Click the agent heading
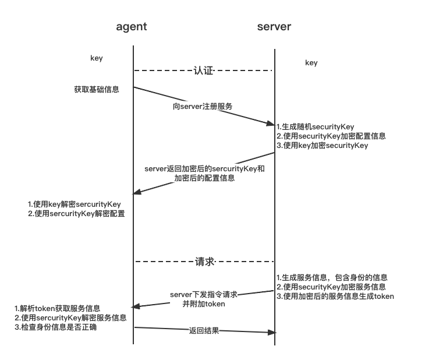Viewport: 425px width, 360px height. pyautogui.click(x=132, y=27)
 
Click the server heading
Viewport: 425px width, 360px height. pyautogui.click(x=274, y=27)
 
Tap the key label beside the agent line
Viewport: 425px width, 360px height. pyautogui.click(x=97, y=58)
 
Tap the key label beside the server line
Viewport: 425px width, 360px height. pyautogui.click(x=311, y=63)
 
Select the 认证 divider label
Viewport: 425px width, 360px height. pyautogui.click(x=203, y=70)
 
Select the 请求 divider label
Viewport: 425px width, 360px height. pyautogui.click(x=204, y=262)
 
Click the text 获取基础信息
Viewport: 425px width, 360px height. pyautogui.click(x=97, y=89)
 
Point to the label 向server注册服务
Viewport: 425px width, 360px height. pyautogui.click(x=203, y=107)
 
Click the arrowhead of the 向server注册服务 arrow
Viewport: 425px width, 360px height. pyautogui.click(x=271, y=123)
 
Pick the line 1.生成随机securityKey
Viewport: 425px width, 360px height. pyautogui.click(x=315, y=126)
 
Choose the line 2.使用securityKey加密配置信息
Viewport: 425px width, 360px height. pyautogui.click(x=331, y=136)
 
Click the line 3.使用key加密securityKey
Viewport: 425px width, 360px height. pyautogui.click(x=323, y=146)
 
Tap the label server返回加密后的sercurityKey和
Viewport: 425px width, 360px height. pyautogui.click(x=204, y=169)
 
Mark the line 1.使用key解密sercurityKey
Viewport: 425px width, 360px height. pyautogui.click(x=75, y=204)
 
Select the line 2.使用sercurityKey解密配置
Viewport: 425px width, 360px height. pyautogui.click(x=76, y=214)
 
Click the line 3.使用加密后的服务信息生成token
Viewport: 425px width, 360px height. pyautogui.click(x=335, y=297)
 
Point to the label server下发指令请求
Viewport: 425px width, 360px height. pyautogui.click(x=204, y=295)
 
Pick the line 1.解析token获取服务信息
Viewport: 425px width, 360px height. pyautogui.click(x=58, y=309)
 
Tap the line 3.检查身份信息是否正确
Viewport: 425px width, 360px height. pyautogui.click(x=55, y=327)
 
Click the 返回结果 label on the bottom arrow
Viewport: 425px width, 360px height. pyautogui.click(x=204, y=331)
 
